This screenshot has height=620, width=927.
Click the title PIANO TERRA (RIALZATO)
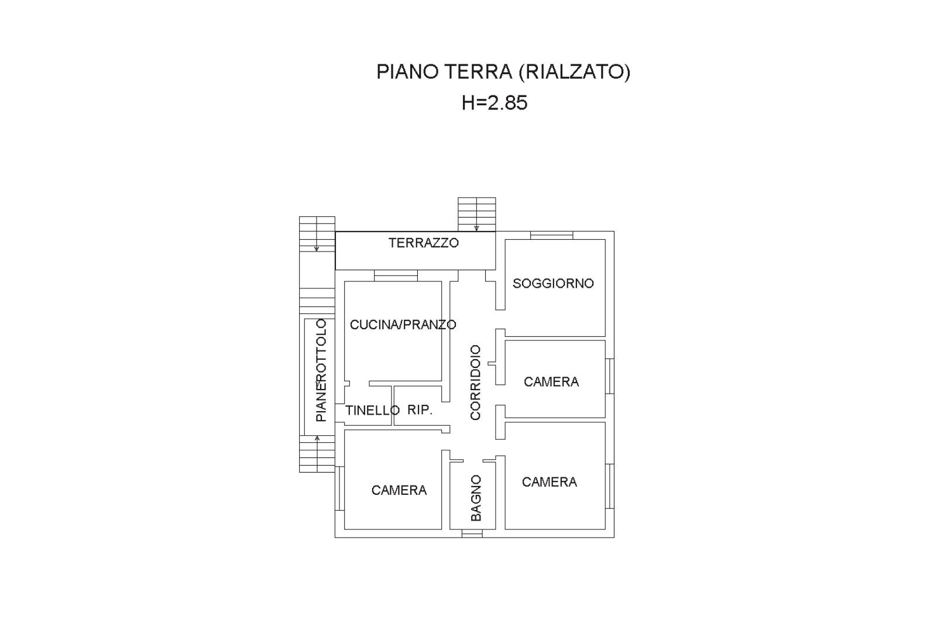(503, 72)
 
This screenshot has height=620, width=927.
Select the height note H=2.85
(495, 103)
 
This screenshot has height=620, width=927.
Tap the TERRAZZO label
(423, 243)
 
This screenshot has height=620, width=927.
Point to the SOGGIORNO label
(553, 283)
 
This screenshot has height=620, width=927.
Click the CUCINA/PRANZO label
(403, 325)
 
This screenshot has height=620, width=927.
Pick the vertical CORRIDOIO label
(476, 383)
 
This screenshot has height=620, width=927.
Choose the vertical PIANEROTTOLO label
(321, 370)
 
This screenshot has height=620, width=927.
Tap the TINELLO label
(372, 410)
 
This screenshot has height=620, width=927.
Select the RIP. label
(420, 410)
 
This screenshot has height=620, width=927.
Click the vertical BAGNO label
(476, 498)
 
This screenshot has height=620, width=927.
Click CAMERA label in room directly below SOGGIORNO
(551, 382)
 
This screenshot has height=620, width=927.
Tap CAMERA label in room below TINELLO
(399, 490)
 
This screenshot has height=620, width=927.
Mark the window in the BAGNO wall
(472, 533)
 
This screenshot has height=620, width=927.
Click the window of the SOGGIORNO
(552, 235)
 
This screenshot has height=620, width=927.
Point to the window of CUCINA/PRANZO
(396, 276)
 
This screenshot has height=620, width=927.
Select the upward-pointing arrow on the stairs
(317, 454)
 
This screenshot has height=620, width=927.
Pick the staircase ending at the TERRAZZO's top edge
(477, 214)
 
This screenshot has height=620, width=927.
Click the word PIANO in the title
(408, 72)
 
